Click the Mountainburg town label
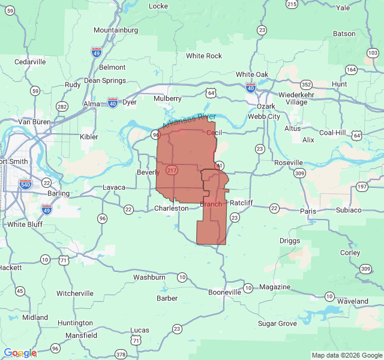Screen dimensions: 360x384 (116, 30)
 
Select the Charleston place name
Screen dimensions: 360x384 (171, 208)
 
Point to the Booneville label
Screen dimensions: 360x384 (224, 292)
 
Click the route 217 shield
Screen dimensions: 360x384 (172, 170)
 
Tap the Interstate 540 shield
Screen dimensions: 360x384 (25, 184)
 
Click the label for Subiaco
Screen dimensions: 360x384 (349, 210)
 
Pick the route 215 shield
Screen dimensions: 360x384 (292, 4)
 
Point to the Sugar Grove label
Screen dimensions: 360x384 (277, 323)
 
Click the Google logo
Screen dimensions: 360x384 (20, 353)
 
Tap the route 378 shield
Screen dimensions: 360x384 (121, 355)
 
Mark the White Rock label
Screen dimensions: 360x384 (204, 56)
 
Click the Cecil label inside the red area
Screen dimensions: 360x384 (214, 132)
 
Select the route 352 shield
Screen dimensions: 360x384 (307, 85)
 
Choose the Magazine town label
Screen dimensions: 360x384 (275, 287)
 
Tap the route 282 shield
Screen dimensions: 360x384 (61, 106)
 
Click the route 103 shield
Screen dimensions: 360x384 (373, 53)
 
